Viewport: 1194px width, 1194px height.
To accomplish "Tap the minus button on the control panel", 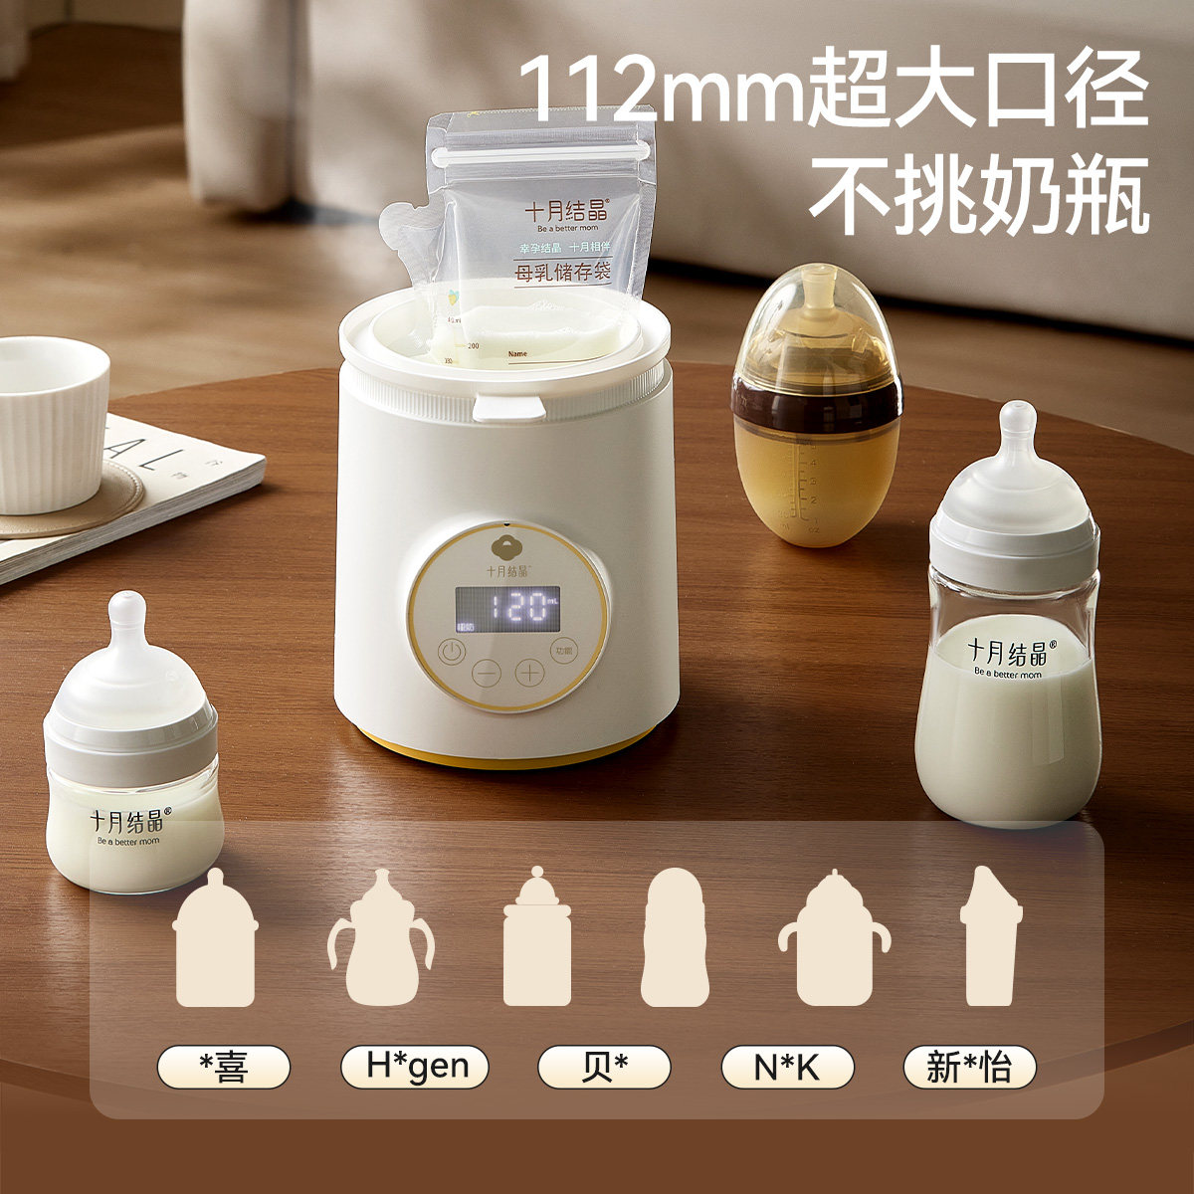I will click(488, 673).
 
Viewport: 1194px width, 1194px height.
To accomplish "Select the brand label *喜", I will click(224, 1068).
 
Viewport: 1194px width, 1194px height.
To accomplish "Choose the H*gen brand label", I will click(415, 1068).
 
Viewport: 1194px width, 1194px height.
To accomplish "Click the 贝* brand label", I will click(604, 1068).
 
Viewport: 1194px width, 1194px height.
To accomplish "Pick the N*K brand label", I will click(787, 1068).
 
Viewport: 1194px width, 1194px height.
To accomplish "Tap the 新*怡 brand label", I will click(969, 1068).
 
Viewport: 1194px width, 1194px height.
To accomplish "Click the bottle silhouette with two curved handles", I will click(381, 940).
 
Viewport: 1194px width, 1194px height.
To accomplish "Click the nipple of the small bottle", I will click(126, 617).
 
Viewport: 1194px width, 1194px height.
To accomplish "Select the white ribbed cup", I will click(50, 423).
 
